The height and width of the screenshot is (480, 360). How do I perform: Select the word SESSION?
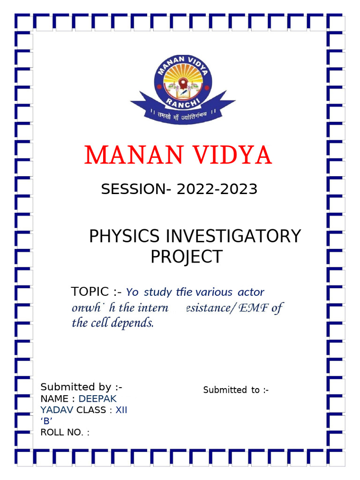pyautogui.click(x=130, y=189)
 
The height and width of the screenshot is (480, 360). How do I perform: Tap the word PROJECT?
pyautogui.click(x=186, y=257)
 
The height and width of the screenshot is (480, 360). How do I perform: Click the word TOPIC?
pyautogui.click(x=90, y=292)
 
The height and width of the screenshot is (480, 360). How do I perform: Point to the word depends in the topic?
pyautogui.click(x=136, y=323)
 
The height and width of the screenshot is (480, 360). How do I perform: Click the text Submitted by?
pyautogui.click(x=75, y=387)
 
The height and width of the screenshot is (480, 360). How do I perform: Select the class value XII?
pyautogui.click(x=121, y=411)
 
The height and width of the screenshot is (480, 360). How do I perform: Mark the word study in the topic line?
pyautogui.click(x=157, y=292)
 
